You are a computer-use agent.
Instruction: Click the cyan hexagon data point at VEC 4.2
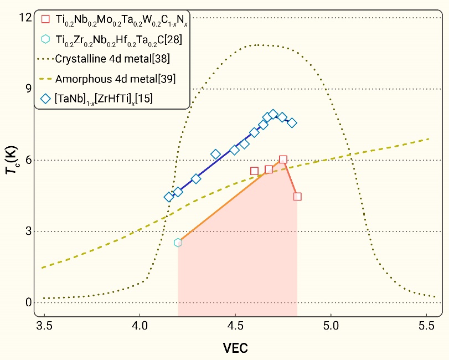(178, 243)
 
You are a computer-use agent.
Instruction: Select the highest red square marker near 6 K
(283, 160)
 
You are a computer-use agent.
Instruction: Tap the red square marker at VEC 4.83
(297, 196)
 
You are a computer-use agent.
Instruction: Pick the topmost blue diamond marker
(273, 114)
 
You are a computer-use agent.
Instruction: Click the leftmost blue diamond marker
(169, 197)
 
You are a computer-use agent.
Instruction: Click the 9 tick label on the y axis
(24, 89)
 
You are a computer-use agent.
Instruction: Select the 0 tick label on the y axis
(24, 303)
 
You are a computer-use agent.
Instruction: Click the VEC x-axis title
(235, 348)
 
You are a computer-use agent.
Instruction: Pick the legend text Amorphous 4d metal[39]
(116, 79)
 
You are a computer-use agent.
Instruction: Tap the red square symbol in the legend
(46, 19)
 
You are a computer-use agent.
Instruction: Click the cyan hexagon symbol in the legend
(46, 39)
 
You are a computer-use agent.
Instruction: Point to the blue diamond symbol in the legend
(46, 98)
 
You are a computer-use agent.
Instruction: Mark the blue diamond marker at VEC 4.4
(216, 155)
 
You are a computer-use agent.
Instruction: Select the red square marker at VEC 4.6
(255, 171)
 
